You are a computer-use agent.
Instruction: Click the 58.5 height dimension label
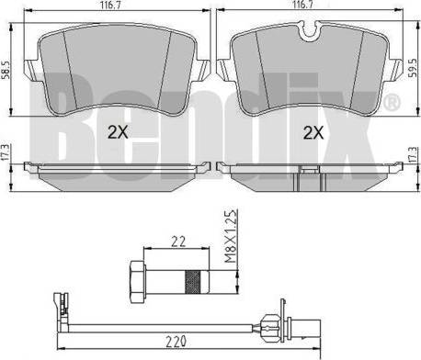pyautogui.click(x=6, y=70)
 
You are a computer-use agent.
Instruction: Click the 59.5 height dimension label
pyautogui.click(x=414, y=68)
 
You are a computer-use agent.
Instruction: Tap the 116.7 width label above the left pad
pyautogui.click(x=109, y=6)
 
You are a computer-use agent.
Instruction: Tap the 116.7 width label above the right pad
pyautogui.click(x=302, y=6)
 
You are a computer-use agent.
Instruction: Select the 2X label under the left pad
pyautogui.click(x=118, y=132)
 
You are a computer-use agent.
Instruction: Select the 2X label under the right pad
pyautogui.click(x=313, y=133)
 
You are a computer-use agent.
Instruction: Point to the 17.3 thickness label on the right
pyautogui.click(x=414, y=154)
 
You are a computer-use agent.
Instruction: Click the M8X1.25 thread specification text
pyautogui.click(x=231, y=236)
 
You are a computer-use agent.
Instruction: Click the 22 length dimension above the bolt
pyautogui.click(x=178, y=242)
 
